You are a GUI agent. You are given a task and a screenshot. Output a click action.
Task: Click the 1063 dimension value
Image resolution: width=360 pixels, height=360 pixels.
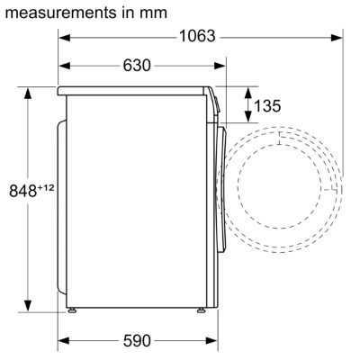pyautogui.click(x=197, y=36)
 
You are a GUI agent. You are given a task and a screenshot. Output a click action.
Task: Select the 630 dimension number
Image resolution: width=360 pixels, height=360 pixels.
pyautogui.click(x=137, y=65)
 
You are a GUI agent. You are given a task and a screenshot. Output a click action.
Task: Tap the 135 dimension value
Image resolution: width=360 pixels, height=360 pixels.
pyautogui.click(x=267, y=105)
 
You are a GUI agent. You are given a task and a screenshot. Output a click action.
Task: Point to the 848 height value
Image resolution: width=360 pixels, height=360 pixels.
pyautogui.click(x=22, y=191)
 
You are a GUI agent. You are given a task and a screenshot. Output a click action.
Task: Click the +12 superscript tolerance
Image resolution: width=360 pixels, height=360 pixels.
pyautogui.click(x=46, y=188)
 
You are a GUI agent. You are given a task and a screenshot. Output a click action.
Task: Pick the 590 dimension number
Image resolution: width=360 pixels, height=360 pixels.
pyautogui.click(x=137, y=340)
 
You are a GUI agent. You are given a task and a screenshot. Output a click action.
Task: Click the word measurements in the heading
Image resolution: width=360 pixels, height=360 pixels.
pyautogui.click(x=61, y=13)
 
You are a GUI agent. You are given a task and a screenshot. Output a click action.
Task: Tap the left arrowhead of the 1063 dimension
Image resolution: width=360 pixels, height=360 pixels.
pyautogui.click(x=64, y=38)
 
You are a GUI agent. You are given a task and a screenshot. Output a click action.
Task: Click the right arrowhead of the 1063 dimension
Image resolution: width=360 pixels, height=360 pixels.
pyautogui.click(x=337, y=38)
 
